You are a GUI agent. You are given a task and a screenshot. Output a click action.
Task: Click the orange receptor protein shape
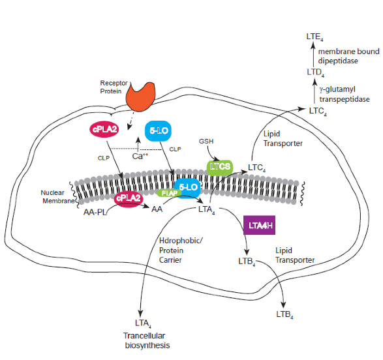[140, 97]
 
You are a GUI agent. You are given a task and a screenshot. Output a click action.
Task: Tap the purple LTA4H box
[260, 225]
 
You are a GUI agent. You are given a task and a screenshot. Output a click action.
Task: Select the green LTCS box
[220, 167]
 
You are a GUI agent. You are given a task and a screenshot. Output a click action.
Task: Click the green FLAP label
[169, 193]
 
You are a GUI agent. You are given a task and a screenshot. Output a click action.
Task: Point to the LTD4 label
[316, 72]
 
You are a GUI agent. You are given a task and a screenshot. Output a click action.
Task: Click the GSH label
[206, 142]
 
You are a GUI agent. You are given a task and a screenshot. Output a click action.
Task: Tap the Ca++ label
[140, 156]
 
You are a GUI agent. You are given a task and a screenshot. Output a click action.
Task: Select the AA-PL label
[95, 212]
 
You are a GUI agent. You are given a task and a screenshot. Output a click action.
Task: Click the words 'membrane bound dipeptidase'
[348, 56]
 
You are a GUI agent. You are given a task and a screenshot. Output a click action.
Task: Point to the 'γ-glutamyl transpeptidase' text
[344, 94]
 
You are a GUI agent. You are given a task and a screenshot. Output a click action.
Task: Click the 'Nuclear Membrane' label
[58, 197]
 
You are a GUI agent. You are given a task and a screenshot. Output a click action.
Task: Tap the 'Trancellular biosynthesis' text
[146, 340]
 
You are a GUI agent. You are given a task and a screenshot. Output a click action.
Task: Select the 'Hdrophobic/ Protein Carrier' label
[181, 250]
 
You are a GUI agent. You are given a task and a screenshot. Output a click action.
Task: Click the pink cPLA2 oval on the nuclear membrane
[129, 198]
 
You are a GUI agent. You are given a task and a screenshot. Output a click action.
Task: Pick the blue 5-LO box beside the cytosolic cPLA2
[158, 130]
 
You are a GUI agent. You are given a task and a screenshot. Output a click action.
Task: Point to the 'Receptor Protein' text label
[114, 87]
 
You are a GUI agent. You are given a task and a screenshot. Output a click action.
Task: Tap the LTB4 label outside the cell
[285, 314]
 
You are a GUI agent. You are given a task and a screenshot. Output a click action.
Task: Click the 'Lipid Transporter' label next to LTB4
[295, 255]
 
